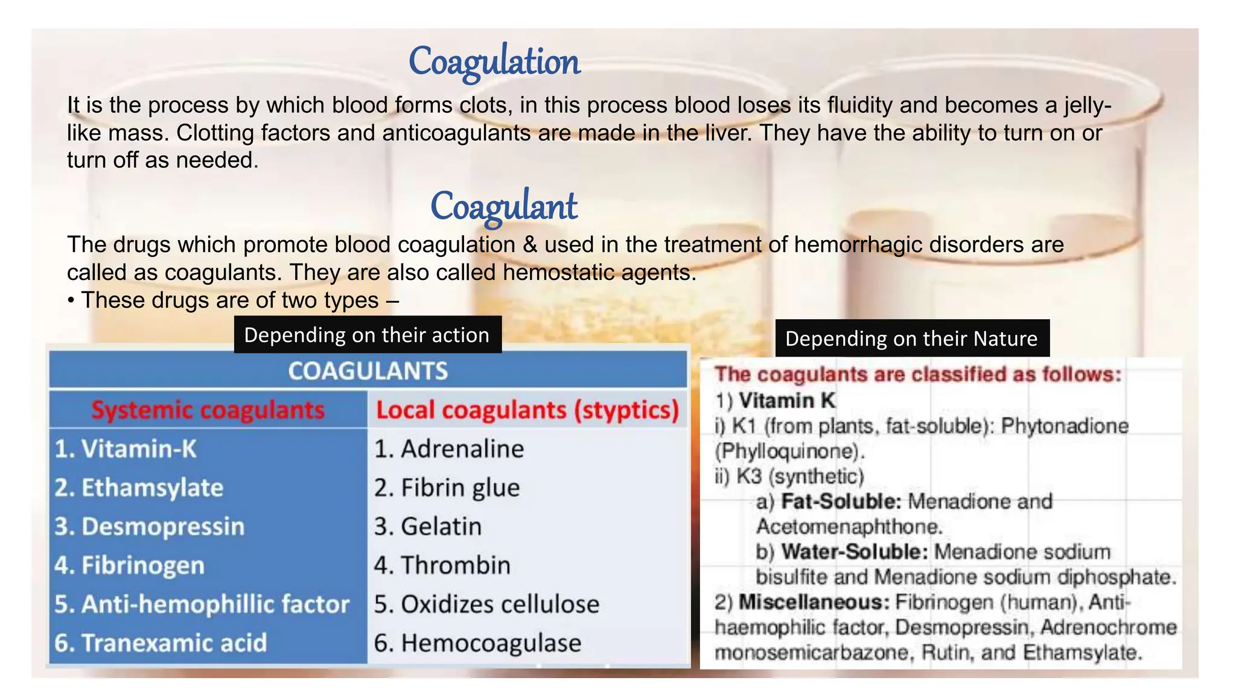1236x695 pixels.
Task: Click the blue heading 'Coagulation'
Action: pos(494,62)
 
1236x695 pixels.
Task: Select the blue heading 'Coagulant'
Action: pos(503,206)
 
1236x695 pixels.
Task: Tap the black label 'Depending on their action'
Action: pos(367,335)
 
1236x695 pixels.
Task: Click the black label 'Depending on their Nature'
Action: pos(911,338)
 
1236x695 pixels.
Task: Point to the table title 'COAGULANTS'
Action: pos(368,371)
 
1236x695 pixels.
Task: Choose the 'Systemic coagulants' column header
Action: pos(208,410)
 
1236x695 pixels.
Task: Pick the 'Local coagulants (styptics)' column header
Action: pos(527,410)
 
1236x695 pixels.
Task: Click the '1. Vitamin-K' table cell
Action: pos(126,449)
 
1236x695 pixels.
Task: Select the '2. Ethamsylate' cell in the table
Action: pos(139,487)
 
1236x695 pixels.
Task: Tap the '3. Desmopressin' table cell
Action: pos(149,527)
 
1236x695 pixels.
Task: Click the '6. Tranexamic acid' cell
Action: pos(161,643)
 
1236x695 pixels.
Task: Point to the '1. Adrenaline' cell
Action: pos(449,449)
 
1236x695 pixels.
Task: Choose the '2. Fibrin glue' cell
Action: pos(447,487)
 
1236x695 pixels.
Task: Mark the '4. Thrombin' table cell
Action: pos(442,565)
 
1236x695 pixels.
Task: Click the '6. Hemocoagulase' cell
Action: pos(477,643)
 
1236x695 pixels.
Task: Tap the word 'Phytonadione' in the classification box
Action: pos(1065,426)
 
